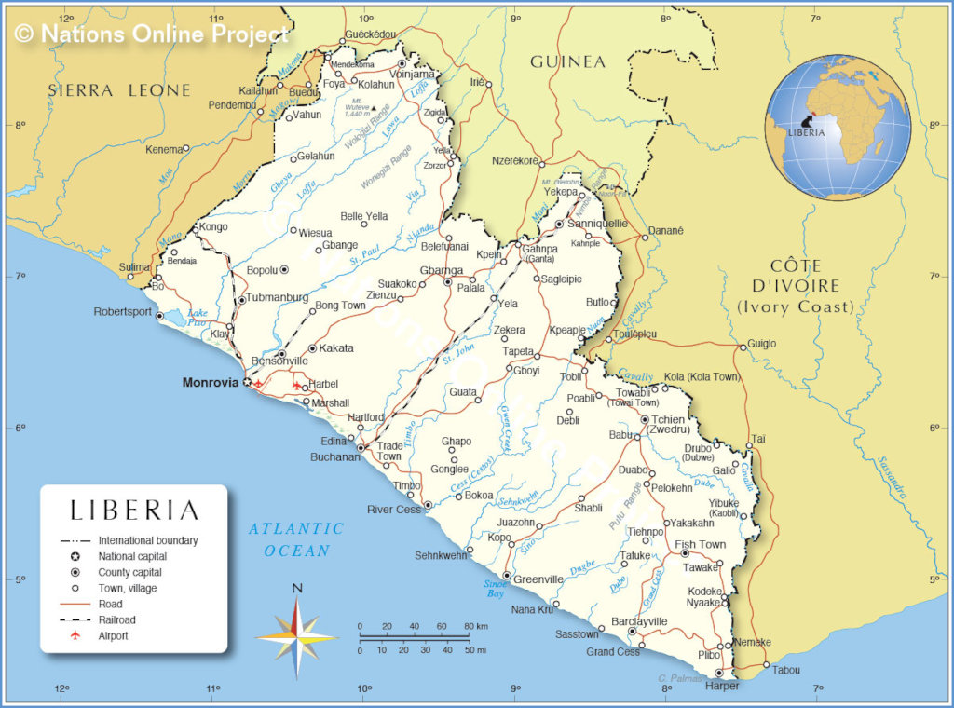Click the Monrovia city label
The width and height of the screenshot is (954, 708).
pyautogui.click(x=211, y=382)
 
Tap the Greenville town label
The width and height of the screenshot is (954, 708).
pyautogui.click(x=538, y=579)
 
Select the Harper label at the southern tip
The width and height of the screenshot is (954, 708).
pyautogui.click(x=722, y=686)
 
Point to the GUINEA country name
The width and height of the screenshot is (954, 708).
pyautogui.click(x=567, y=62)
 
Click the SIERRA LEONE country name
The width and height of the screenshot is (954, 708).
pyautogui.click(x=119, y=90)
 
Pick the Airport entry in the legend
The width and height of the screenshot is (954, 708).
pyautogui.click(x=113, y=635)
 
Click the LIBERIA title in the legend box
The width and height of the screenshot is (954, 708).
pyautogui.click(x=135, y=511)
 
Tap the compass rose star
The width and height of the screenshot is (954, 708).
pyautogui.click(x=296, y=638)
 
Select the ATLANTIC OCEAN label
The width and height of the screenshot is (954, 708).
pyautogui.click(x=296, y=539)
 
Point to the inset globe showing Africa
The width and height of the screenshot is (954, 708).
pyautogui.click(x=838, y=128)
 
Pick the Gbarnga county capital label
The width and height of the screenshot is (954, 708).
pyautogui.click(x=442, y=270)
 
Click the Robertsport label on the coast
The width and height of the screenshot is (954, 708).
pyautogui.click(x=122, y=311)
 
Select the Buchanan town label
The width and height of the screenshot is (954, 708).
pyautogui.click(x=334, y=456)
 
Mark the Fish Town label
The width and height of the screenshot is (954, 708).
pyautogui.click(x=700, y=544)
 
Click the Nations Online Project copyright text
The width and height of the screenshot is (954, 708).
pyautogui.click(x=152, y=34)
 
